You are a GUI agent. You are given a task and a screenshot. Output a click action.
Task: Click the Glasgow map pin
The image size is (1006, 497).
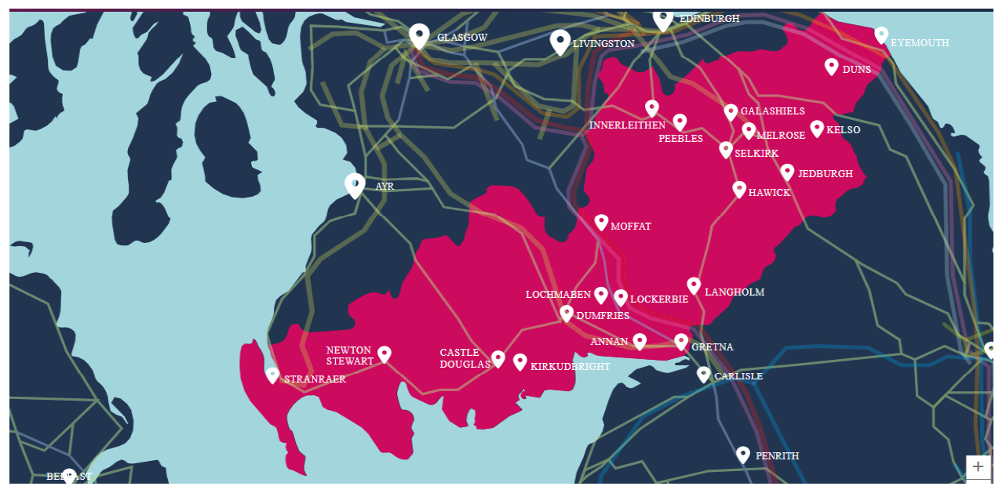click(419, 34)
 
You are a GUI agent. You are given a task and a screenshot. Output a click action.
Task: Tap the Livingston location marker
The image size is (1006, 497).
click(559, 41)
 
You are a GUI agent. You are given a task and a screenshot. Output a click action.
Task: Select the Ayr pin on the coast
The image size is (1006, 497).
click(355, 184)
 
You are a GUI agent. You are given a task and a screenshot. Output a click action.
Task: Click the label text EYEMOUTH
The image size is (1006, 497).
click(920, 43)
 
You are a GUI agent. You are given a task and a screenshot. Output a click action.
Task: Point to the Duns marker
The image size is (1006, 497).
click(831, 67)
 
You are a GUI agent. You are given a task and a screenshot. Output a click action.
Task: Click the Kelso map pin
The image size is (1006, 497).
click(817, 128)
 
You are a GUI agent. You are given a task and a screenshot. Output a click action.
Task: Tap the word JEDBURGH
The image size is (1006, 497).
click(825, 174)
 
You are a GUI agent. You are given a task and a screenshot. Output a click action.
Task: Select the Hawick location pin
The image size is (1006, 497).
click(739, 189)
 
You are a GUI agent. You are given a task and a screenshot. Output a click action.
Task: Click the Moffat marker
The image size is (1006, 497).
click(601, 223)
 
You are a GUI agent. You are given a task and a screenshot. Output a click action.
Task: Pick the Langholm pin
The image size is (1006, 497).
click(694, 285)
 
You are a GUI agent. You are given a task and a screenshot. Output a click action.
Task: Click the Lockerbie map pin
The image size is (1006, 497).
click(621, 297)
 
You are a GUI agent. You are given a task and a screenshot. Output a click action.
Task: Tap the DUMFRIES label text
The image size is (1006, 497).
click(603, 316)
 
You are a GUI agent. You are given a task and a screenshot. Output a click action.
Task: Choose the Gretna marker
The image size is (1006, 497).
click(681, 342)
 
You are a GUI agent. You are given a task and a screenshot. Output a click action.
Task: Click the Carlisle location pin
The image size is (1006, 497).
click(704, 374)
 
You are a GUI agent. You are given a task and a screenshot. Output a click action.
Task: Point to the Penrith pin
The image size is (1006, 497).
click(743, 454)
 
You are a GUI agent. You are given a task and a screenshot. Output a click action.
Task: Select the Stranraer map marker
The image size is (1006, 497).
click(272, 375)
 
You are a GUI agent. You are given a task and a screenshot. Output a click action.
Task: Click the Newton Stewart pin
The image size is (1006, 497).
click(385, 354)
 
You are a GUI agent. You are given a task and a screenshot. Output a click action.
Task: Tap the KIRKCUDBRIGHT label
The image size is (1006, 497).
click(570, 367)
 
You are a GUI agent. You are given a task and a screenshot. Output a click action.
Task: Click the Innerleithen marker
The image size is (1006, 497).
click(651, 108)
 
